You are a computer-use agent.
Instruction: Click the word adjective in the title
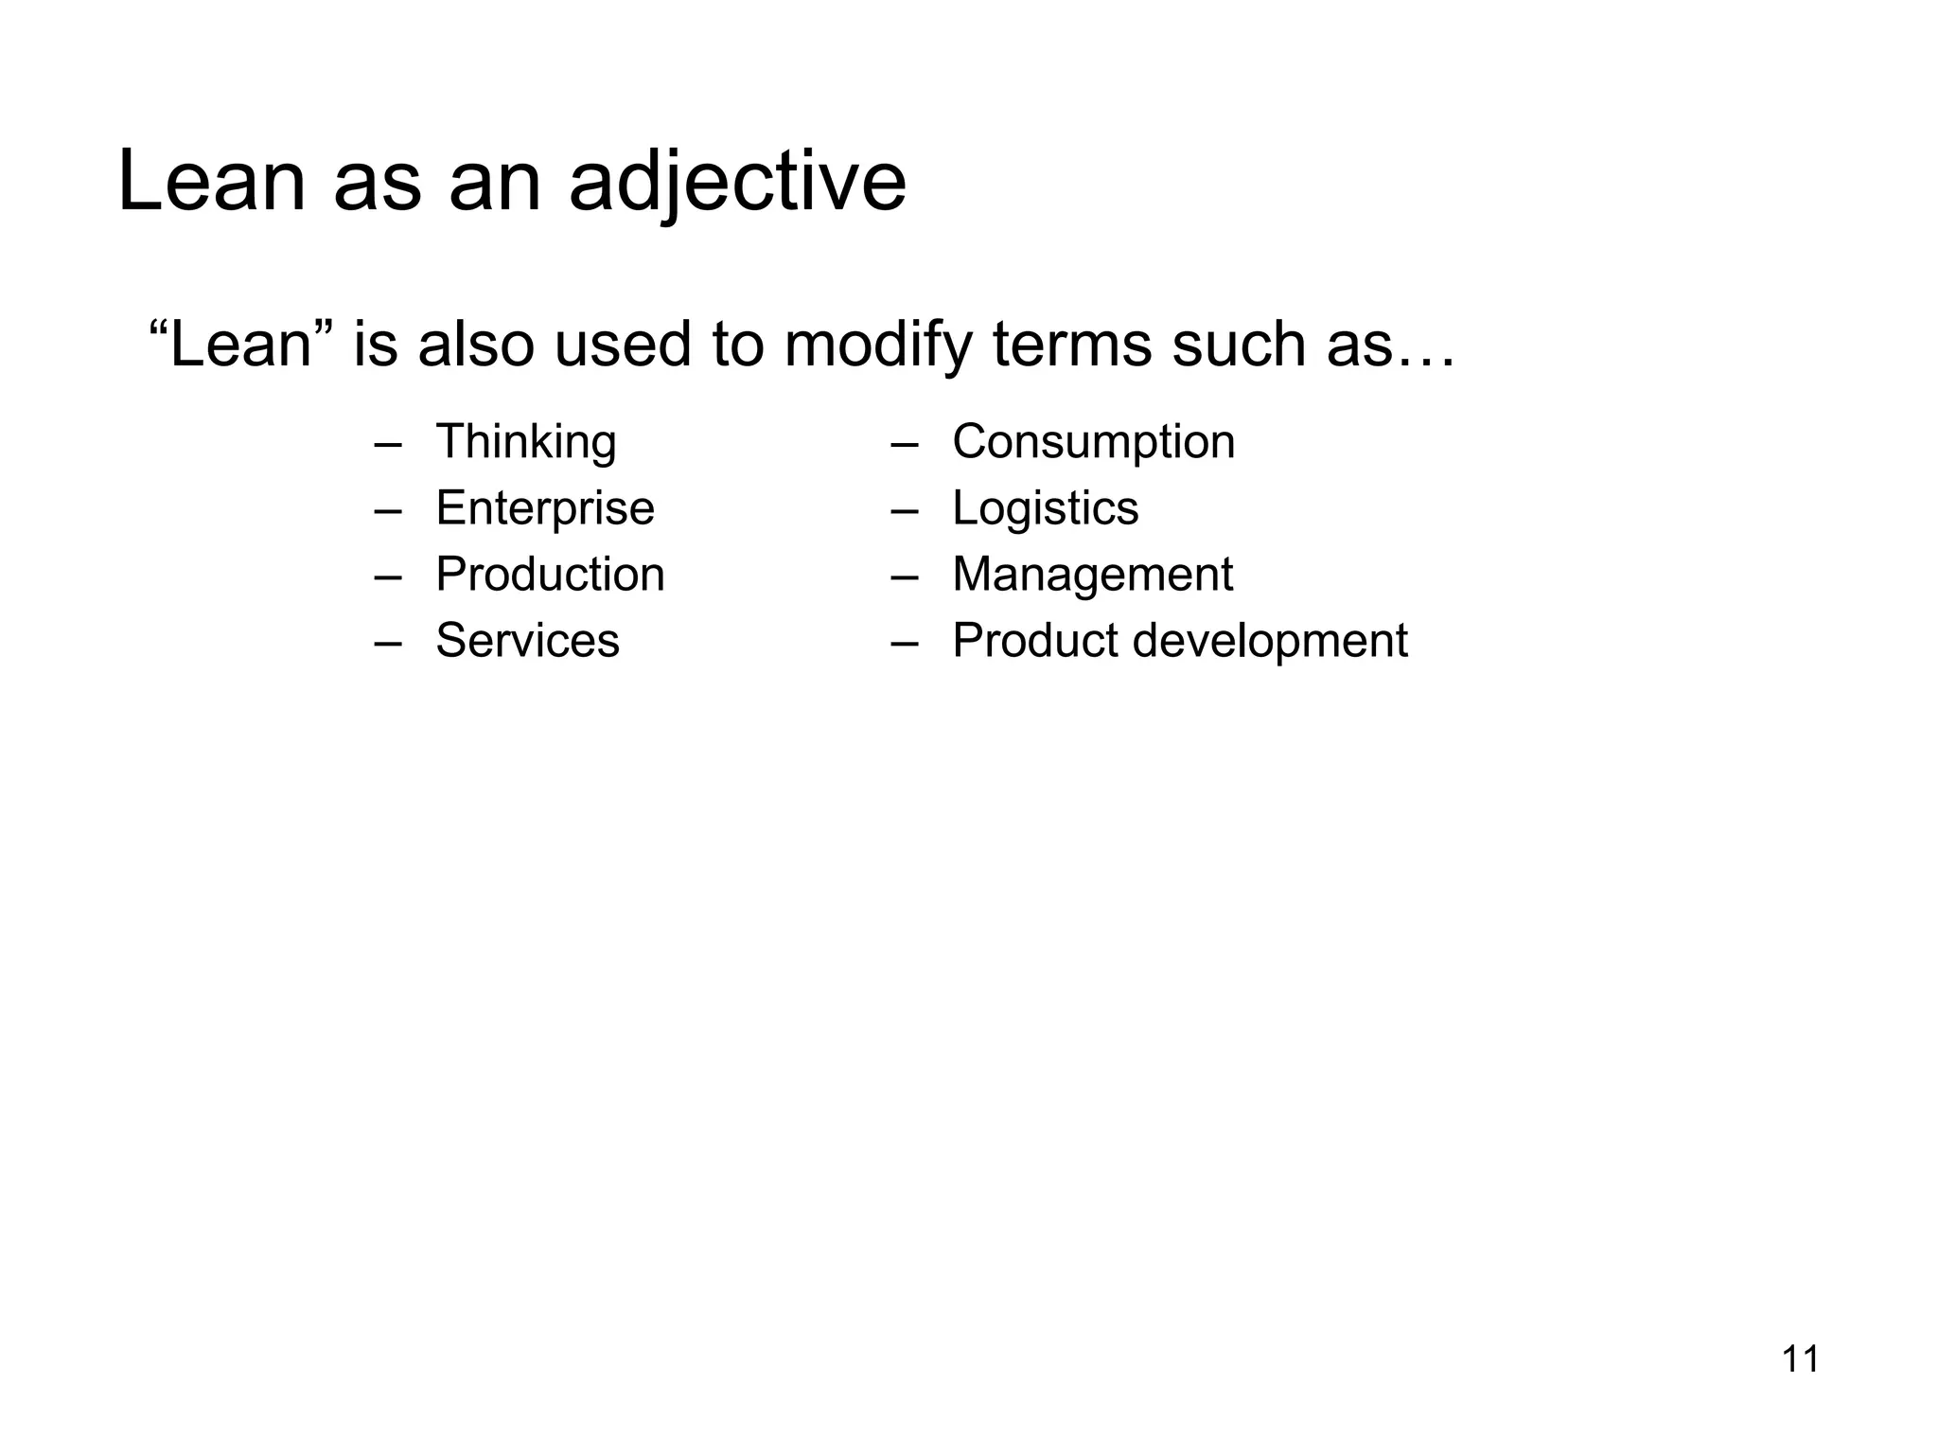(737, 182)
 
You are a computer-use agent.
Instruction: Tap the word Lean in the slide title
(211, 182)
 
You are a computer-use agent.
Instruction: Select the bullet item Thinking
(525, 442)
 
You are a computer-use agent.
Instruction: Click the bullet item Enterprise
(545, 508)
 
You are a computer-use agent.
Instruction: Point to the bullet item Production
(550, 575)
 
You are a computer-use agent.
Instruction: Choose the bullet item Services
(527, 641)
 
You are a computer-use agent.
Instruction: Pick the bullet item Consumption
(1093, 442)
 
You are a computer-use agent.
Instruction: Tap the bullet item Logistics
(1045, 508)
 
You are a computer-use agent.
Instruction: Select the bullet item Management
(1092, 575)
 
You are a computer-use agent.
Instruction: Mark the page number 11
(1800, 1359)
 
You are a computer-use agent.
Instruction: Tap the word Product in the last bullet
(1035, 641)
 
